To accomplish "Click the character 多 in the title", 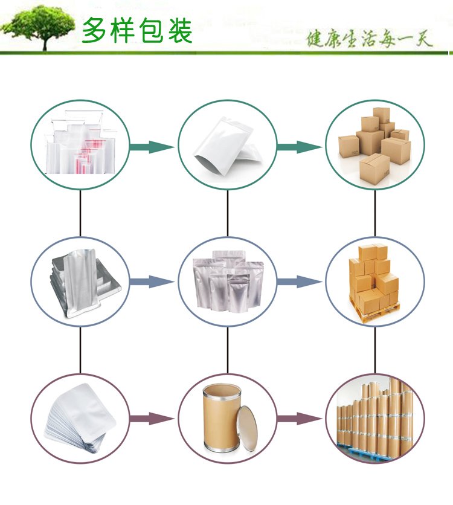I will click(x=96, y=30).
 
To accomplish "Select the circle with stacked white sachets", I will click(x=80, y=419).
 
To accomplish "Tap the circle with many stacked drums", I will click(x=375, y=419).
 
